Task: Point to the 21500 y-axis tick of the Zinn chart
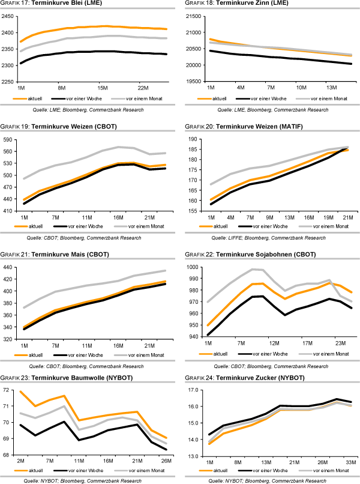coord(194,16)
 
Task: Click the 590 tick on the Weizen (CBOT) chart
coord(9,140)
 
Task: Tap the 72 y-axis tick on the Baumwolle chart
coord(12,390)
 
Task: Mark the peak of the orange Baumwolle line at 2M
coord(20,392)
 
